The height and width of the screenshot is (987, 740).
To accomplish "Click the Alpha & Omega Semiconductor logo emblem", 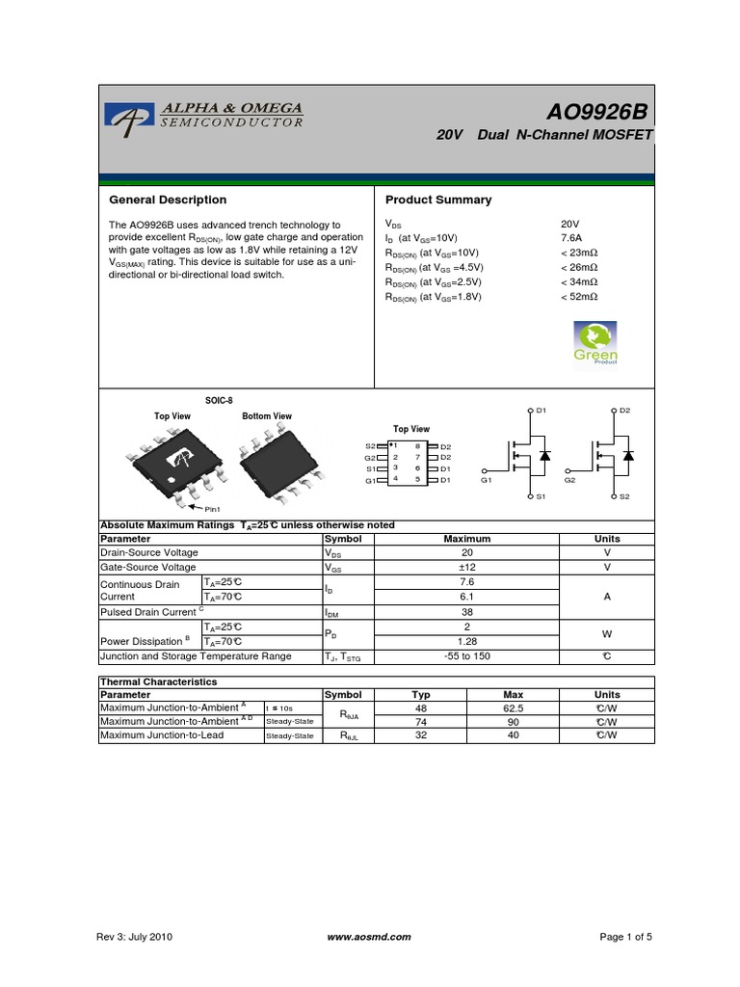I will (x=123, y=118).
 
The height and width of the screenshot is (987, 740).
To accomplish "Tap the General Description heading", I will (x=169, y=200).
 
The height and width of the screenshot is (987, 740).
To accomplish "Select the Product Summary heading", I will (x=438, y=200).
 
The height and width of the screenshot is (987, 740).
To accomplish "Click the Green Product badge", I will (x=595, y=343).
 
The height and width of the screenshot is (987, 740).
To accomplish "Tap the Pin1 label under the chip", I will (x=210, y=508).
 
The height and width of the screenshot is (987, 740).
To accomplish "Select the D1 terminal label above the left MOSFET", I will (x=541, y=411).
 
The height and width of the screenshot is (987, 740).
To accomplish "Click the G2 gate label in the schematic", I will (x=569, y=479).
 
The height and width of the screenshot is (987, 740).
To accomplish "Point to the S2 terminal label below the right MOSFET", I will (x=623, y=496).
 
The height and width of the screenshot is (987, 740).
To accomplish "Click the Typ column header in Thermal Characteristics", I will (x=421, y=694).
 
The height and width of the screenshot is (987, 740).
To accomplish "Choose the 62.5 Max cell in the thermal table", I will (x=513, y=707).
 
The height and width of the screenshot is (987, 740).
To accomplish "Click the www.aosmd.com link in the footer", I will (x=369, y=937).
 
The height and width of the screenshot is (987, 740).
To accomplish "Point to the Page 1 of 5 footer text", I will (x=626, y=937).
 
